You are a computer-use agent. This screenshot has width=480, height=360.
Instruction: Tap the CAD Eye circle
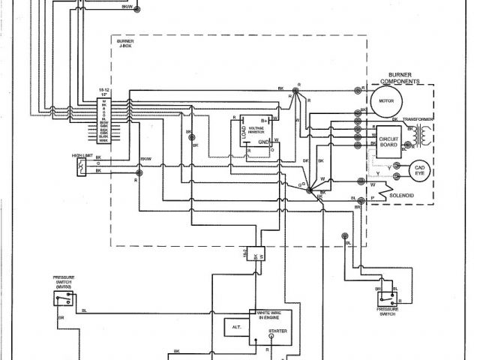pos(416,171)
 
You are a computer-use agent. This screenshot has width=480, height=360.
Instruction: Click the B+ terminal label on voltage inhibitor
pos(265,119)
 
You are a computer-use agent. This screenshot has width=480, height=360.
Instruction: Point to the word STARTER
pos(277,331)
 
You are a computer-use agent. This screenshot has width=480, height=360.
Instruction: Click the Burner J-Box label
pos(125,44)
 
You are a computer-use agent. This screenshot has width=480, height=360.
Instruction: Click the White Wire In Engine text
pos(269,315)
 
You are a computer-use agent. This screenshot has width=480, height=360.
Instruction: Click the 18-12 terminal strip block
pos(104,120)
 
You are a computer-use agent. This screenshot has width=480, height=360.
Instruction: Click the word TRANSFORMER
pos(418,119)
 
